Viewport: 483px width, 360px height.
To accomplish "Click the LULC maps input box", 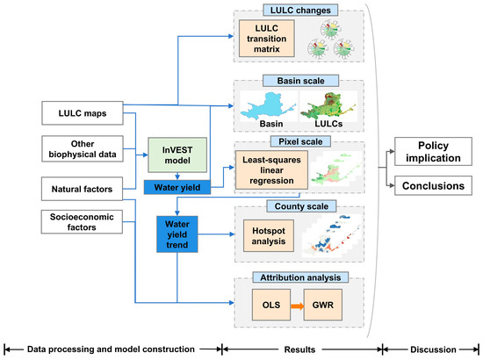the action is (x=83, y=113).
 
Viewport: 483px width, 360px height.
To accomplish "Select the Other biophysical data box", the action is (x=83, y=148).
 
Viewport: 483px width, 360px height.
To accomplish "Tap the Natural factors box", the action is (x=82, y=189).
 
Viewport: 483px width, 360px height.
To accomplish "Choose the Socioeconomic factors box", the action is (x=82, y=222).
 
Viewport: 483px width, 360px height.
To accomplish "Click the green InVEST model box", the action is (x=177, y=155).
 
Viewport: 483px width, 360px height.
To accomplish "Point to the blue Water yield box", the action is (x=177, y=187).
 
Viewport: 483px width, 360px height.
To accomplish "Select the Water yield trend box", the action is (x=177, y=234).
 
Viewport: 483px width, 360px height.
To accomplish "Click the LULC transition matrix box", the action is (x=267, y=39).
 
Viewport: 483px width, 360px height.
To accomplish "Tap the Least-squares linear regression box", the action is (x=271, y=170).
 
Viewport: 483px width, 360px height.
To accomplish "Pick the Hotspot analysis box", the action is (x=269, y=236).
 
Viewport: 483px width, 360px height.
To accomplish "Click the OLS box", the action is (x=271, y=305).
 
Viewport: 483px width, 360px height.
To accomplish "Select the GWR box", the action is (x=323, y=305).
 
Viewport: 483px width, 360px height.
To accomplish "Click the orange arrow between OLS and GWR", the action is (x=297, y=306).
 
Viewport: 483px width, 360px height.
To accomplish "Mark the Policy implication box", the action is (x=433, y=152).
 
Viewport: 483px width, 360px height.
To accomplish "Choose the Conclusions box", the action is (x=433, y=185).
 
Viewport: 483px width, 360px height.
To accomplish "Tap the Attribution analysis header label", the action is (x=300, y=277).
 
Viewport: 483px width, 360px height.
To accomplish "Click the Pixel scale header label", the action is (x=300, y=141).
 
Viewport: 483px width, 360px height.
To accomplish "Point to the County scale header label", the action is (x=301, y=206).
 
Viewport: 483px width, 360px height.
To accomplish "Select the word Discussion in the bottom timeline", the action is (x=433, y=349).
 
